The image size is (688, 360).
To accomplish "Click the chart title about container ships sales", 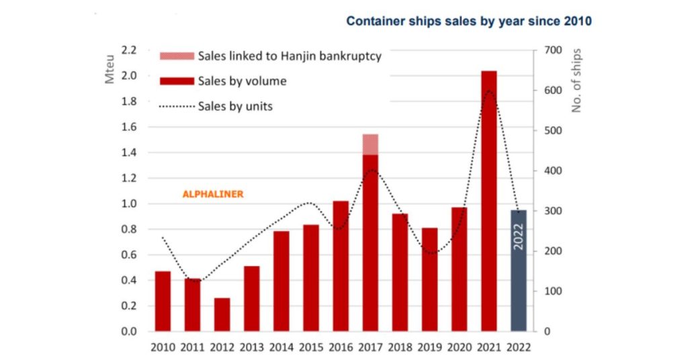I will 468,21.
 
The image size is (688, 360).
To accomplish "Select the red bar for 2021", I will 489,201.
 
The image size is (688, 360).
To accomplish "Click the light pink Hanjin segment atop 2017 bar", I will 370,144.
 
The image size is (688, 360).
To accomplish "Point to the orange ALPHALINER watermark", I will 213,194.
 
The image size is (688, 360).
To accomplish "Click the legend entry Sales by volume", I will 242,81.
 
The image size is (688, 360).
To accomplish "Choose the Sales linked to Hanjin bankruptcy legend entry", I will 290,56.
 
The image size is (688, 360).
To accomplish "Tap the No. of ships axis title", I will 577,81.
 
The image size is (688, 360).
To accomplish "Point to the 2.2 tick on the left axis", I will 128,50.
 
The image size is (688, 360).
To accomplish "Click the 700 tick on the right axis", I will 552,50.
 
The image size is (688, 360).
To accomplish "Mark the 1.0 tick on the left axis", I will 128,204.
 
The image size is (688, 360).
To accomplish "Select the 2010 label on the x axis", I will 163,346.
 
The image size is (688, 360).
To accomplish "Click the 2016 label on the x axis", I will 341,346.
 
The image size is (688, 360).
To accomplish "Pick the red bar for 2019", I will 429,279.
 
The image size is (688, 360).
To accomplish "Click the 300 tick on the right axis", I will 552,211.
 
